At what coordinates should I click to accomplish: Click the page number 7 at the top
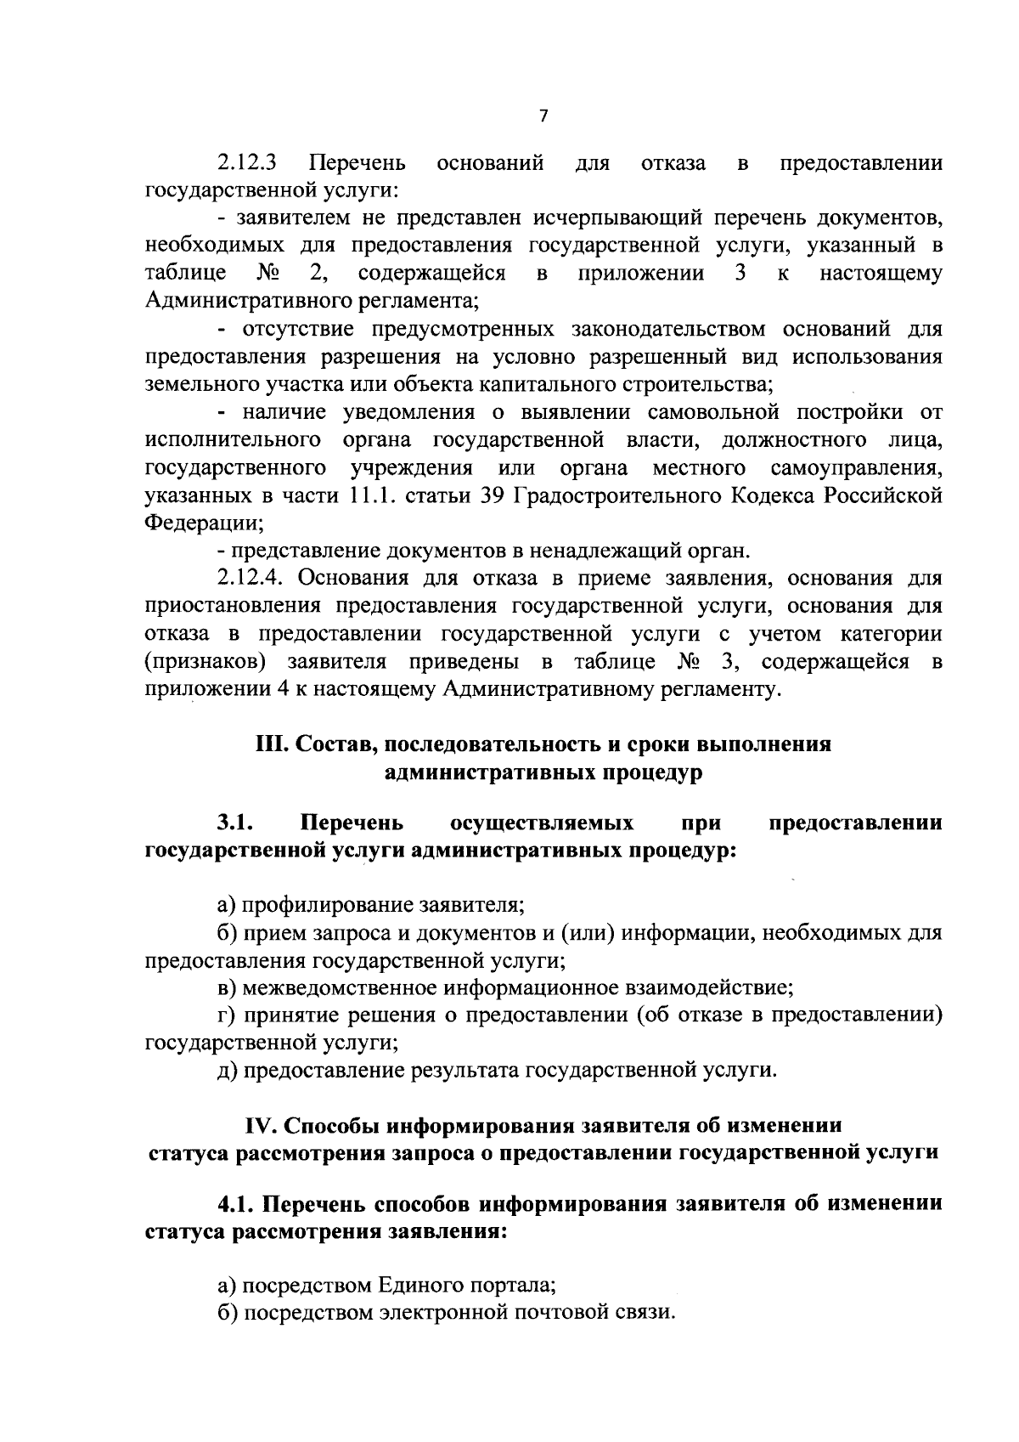click(x=544, y=117)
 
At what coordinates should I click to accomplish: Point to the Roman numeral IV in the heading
click(x=261, y=1125)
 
